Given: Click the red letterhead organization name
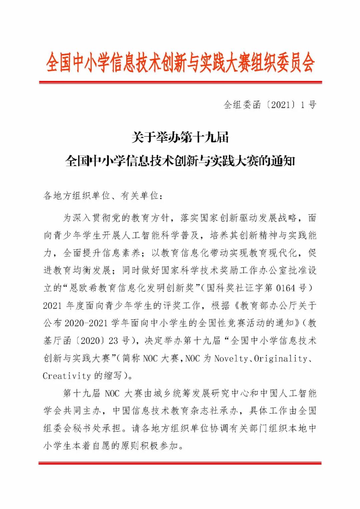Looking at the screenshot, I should point(180,62).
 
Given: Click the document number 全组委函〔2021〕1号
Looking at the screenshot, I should point(270,105).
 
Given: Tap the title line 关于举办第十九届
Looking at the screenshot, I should point(180,137).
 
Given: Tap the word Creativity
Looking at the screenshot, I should point(67,376).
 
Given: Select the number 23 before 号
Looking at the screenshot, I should point(114,341).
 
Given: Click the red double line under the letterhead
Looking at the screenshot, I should point(180,82).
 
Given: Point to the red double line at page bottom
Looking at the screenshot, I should point(180,463).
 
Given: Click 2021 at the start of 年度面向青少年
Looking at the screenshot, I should point(53,306).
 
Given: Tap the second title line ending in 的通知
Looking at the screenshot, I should point(180,162).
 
